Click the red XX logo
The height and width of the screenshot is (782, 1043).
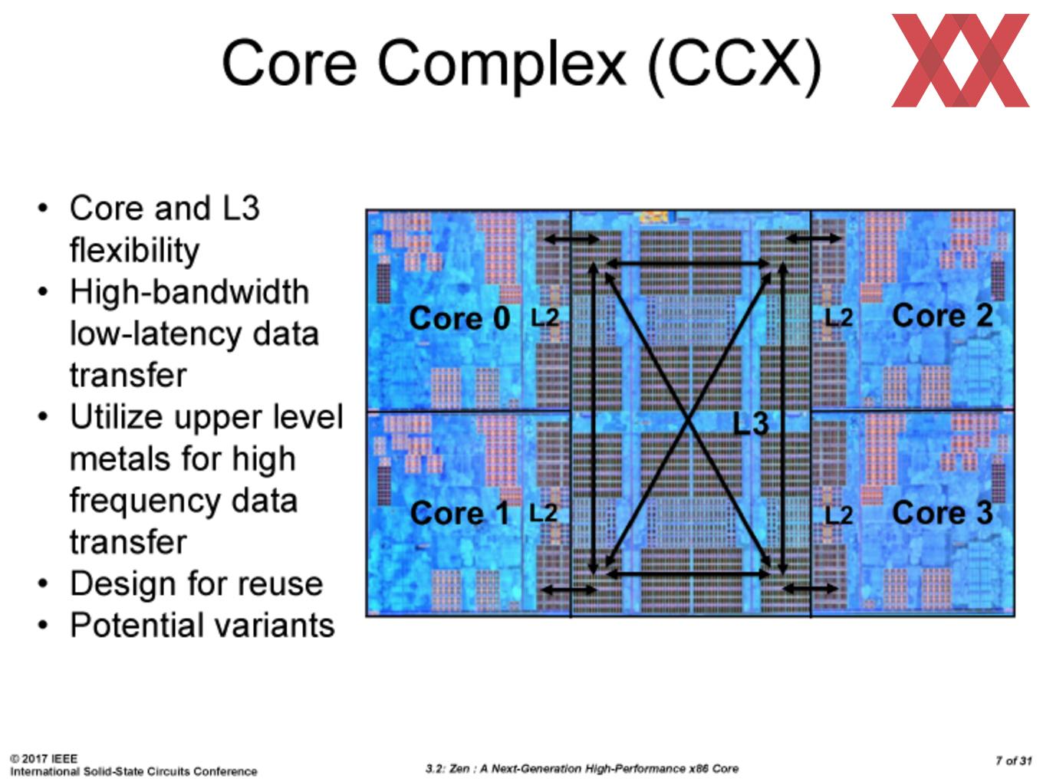pyautogui.click(x=960, y=61)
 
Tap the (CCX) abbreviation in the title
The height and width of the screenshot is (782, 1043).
pyautogui.click(x=735, y=65)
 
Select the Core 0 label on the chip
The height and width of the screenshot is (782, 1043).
pyautogui.click(x=459, y=317)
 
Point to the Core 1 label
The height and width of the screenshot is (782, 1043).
pyautogui.click(x=459, y=513)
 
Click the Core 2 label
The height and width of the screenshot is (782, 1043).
pyautogui.click(x=943, y=315)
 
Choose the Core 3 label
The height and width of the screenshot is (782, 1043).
pyautogui.click(x=943, y=513)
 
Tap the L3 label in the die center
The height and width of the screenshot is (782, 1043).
pyautogui.click(x=750, y=423)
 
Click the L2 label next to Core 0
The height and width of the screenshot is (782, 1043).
pyautogui.click(x=545, y=317)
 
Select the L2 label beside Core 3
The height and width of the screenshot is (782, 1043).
pyautogui.click(x=838, y=516)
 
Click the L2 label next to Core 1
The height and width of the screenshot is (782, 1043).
pyautogui.click(x=543, y=513)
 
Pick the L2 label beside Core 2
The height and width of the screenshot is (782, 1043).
pyautogui.click(x=838, y=317)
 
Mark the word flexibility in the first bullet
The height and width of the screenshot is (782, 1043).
pyautogui.click(x=134, y=251)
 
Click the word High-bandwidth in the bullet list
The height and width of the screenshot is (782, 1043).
pyautogui.click(x=189, y=291)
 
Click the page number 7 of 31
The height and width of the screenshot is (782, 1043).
pyautogui.click(x=1013, y=761)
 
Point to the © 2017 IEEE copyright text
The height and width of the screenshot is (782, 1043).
pyautogui.click(x=43, y=758)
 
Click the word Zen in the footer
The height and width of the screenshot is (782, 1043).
pyautogui.click(x=460, y=769)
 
